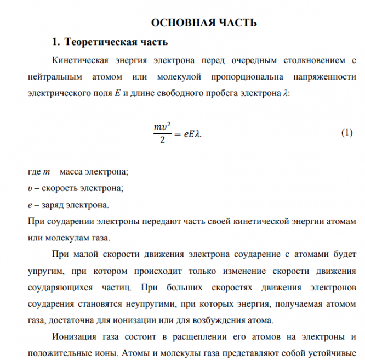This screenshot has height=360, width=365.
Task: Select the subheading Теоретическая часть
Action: [x=116, y=42]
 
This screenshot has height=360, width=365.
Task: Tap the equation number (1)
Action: [x=346, y=133]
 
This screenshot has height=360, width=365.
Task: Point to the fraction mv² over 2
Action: [x=159, y=134]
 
